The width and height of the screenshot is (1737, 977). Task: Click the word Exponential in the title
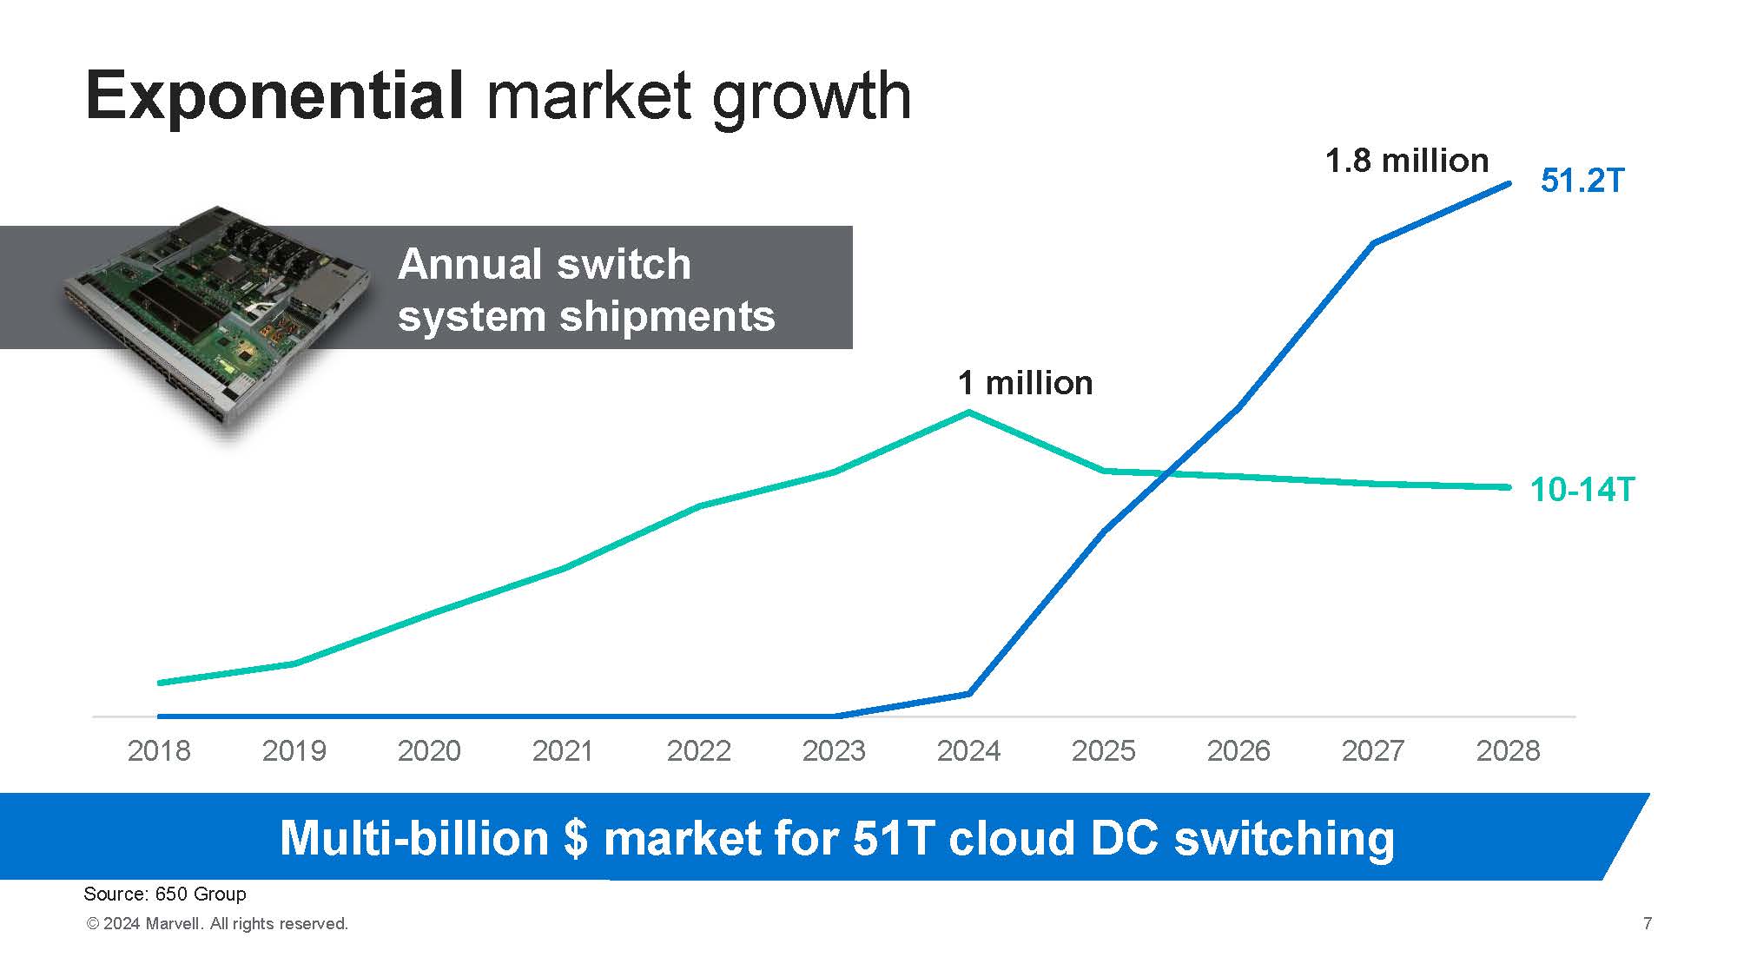coord(274,96)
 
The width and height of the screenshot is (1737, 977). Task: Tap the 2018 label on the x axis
coord(159,750)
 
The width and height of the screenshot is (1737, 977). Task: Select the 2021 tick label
coord(563,750)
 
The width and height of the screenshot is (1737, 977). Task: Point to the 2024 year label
coord(968,750)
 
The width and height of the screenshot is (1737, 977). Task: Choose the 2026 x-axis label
coord(1238,750)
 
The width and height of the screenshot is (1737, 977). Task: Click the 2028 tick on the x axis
coord(1508,750)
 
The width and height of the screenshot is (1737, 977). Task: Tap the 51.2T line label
coord(1582,181)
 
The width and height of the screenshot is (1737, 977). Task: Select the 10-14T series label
coord(1582,490)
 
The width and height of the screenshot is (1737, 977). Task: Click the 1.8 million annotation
coord(1407,161)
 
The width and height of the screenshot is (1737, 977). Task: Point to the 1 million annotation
coord(1025,383)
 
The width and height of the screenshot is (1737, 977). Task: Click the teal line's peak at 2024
coord(969,413)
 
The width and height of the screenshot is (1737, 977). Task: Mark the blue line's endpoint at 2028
coord(1509,184)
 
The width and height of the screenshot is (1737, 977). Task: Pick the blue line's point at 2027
coord(1373,243)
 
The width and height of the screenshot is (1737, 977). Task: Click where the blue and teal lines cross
coord(1170,473)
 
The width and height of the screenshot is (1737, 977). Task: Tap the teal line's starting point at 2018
coord(160,683)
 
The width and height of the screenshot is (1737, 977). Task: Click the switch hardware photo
coord(217,321)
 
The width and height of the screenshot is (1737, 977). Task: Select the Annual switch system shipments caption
coord(586,289)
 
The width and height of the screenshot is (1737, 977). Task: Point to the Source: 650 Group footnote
coord(165,894)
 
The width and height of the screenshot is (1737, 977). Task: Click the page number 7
coord(1648,923)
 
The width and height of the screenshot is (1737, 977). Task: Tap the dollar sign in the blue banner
coord(575,839)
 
